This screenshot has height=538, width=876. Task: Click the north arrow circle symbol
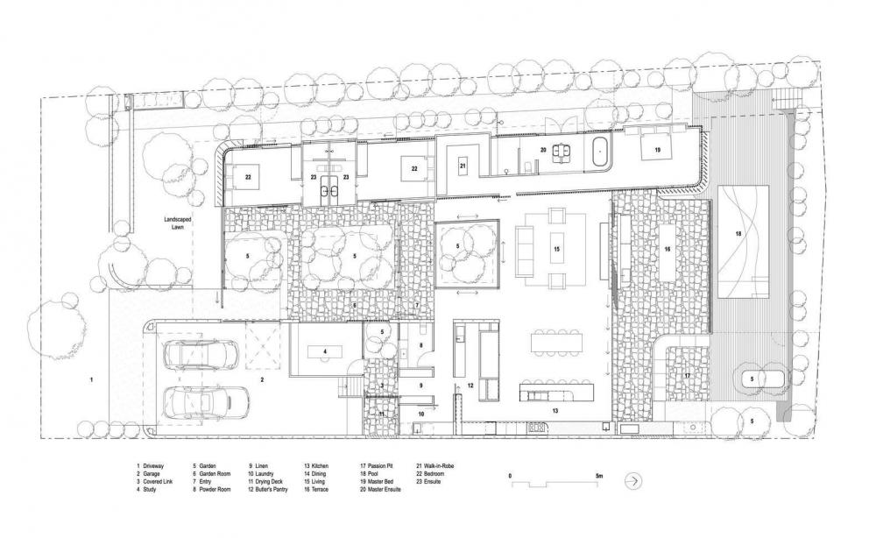click(632, 481)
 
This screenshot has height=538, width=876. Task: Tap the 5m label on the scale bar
click(598, 475)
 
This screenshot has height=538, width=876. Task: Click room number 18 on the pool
click(738, 234)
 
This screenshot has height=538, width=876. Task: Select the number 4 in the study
click(325, 351)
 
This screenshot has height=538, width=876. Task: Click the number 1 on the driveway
click(90, 379)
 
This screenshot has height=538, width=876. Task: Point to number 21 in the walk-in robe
click(463, 165)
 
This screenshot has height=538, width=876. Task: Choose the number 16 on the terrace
click(667, 250)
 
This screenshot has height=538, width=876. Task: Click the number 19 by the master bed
click(656, 151)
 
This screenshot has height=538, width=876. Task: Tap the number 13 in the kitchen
click(555, 409)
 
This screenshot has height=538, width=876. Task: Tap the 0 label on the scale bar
click(511, 475)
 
